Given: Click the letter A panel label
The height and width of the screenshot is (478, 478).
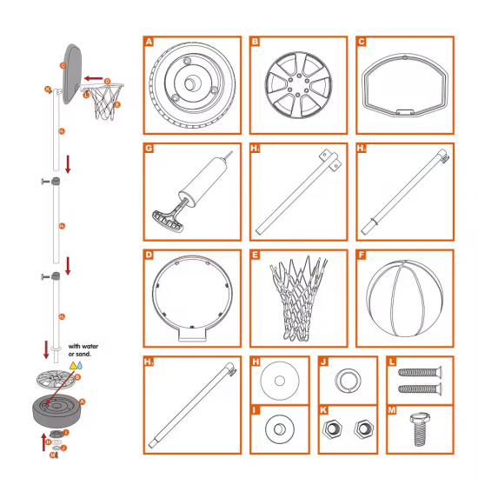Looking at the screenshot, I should tap(149, 42).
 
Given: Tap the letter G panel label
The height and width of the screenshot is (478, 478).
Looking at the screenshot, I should tap(149, 149).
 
